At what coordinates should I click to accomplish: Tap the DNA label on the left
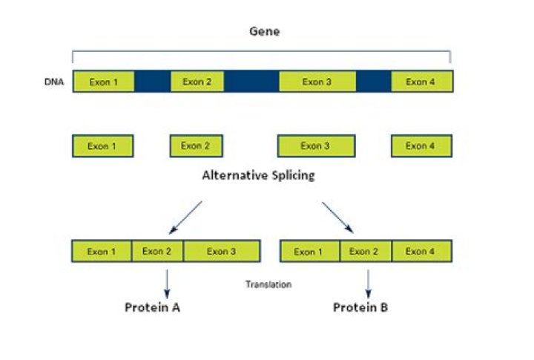[54, 82]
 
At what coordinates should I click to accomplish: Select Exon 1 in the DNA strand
[103, 82]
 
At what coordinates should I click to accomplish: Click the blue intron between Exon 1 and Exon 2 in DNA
[152, 82]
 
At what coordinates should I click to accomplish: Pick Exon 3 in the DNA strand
[317, 82]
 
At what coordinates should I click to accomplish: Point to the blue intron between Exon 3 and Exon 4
[373, 82]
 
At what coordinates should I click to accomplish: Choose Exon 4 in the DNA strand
[421, 82]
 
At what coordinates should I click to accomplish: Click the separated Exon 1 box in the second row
[102, 146]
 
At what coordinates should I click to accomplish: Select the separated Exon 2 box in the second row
[196, 146]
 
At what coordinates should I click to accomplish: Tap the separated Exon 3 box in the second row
[316, 146]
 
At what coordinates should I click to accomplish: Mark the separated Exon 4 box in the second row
[421, 146]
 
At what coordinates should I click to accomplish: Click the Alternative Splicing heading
[258, 176]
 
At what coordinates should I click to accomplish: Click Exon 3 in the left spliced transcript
[222, 252]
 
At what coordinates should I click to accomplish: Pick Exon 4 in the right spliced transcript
[421, 252]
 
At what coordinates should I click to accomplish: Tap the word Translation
[268, 284]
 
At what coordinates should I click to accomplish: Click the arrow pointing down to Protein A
[167, 283]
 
